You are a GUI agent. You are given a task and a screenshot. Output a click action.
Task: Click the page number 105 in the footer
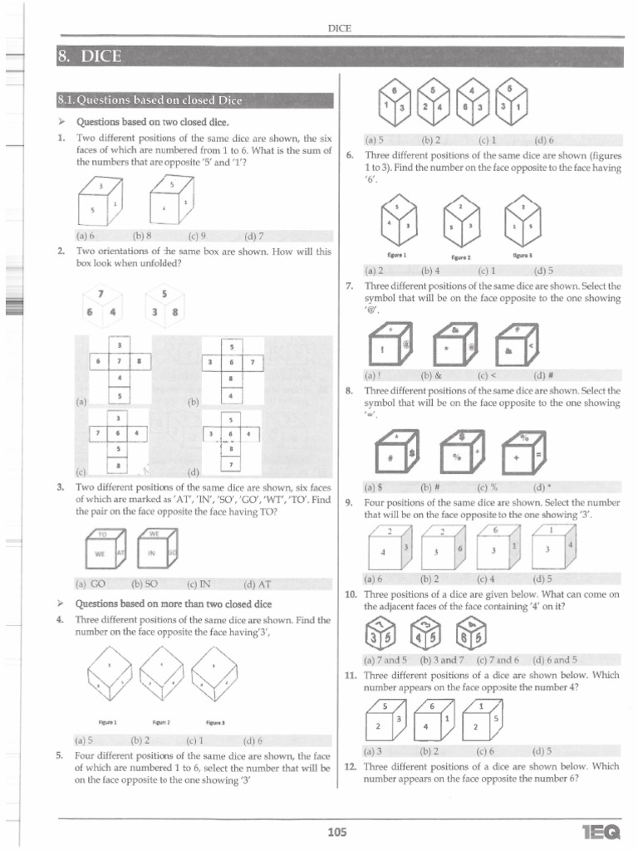click(x=337, y=833)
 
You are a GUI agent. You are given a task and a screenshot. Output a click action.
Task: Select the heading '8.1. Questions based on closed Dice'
click(x=150, y=101)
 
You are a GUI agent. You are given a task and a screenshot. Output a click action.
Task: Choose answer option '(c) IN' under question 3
click(x=198, y=584)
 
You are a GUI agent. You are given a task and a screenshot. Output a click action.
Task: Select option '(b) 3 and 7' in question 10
click(x=440, y=660)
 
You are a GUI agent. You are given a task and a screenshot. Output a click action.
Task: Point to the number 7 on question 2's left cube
click(x=101, y=294)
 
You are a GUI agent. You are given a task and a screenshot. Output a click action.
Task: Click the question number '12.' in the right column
click(x=350, y=766)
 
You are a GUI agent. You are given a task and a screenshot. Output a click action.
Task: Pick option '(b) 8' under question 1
click(x=143, y=235)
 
